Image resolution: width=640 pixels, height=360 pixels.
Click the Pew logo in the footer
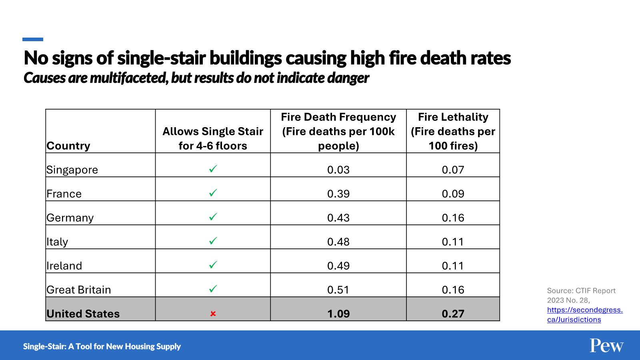tap(606, 346)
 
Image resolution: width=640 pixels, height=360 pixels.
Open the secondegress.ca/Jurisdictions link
tap(584, 314)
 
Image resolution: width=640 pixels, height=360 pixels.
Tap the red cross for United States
tap(213, 314)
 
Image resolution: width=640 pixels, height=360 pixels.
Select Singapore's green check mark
tap(213, 169)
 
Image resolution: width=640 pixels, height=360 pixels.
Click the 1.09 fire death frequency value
tap(338, 314)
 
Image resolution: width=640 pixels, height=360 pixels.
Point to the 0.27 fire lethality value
tap(453, 314)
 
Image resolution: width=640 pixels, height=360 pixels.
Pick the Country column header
tap(68, 146)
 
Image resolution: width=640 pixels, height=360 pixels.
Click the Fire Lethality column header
tap(453, 131)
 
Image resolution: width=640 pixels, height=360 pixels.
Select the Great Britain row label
tap(79, 290)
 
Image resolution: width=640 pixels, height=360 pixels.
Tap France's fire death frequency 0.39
tap(338, 194)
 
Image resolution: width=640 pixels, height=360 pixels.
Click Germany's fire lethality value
tap(453, 218)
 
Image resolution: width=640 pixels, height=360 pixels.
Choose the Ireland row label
tap(64, 266)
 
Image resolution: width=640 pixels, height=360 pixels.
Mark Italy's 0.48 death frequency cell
tap(338, 242)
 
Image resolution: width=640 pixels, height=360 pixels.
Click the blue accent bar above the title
tap(33, 39)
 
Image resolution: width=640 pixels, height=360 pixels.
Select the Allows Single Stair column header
tap(213, 138)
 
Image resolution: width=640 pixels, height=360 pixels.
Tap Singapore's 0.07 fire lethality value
tap(453, 170)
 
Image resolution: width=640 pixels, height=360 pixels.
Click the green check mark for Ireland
tap(213, 265)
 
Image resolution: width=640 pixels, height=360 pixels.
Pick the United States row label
tap(83, 314)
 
